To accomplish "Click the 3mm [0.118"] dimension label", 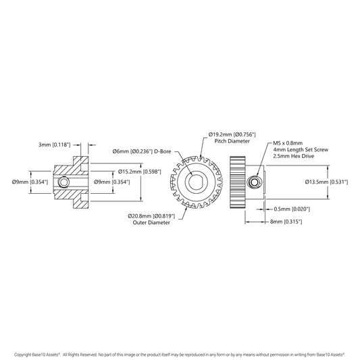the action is pyautogui.click(x=55, y=145).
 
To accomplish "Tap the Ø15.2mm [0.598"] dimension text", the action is pyautogui.click(x=140, y=172).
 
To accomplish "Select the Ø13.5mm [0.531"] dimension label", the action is pyautogui.click(x=326, y=182).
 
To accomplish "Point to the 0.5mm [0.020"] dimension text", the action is pyautogui.click(x=292, y=209).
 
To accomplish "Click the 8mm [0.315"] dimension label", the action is pyautogui.click(x=286, y=222).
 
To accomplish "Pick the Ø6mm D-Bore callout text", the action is pyautogui.click(x=142, y=151).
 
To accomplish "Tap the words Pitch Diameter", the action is pyautogui.click(x=232, y=141).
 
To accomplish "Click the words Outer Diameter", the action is pyautogui.click(x=151, y=222).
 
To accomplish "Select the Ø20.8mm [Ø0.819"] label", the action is pyautogui.click(x=151, y=216).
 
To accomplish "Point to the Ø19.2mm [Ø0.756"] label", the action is pyautogui.click(x=232, y=134).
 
